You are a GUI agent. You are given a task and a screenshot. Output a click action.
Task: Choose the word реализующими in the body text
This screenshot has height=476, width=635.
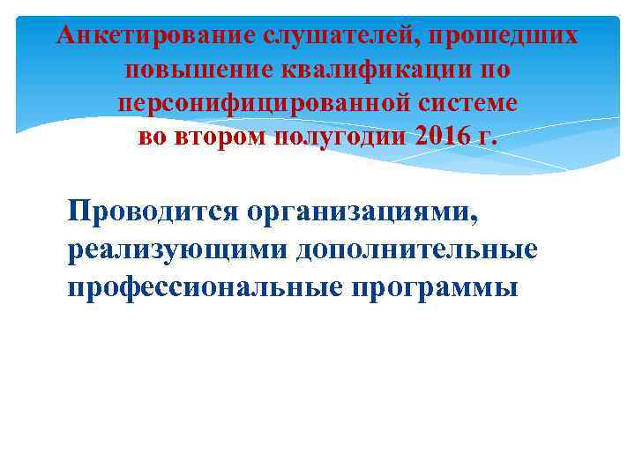(176, 250)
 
